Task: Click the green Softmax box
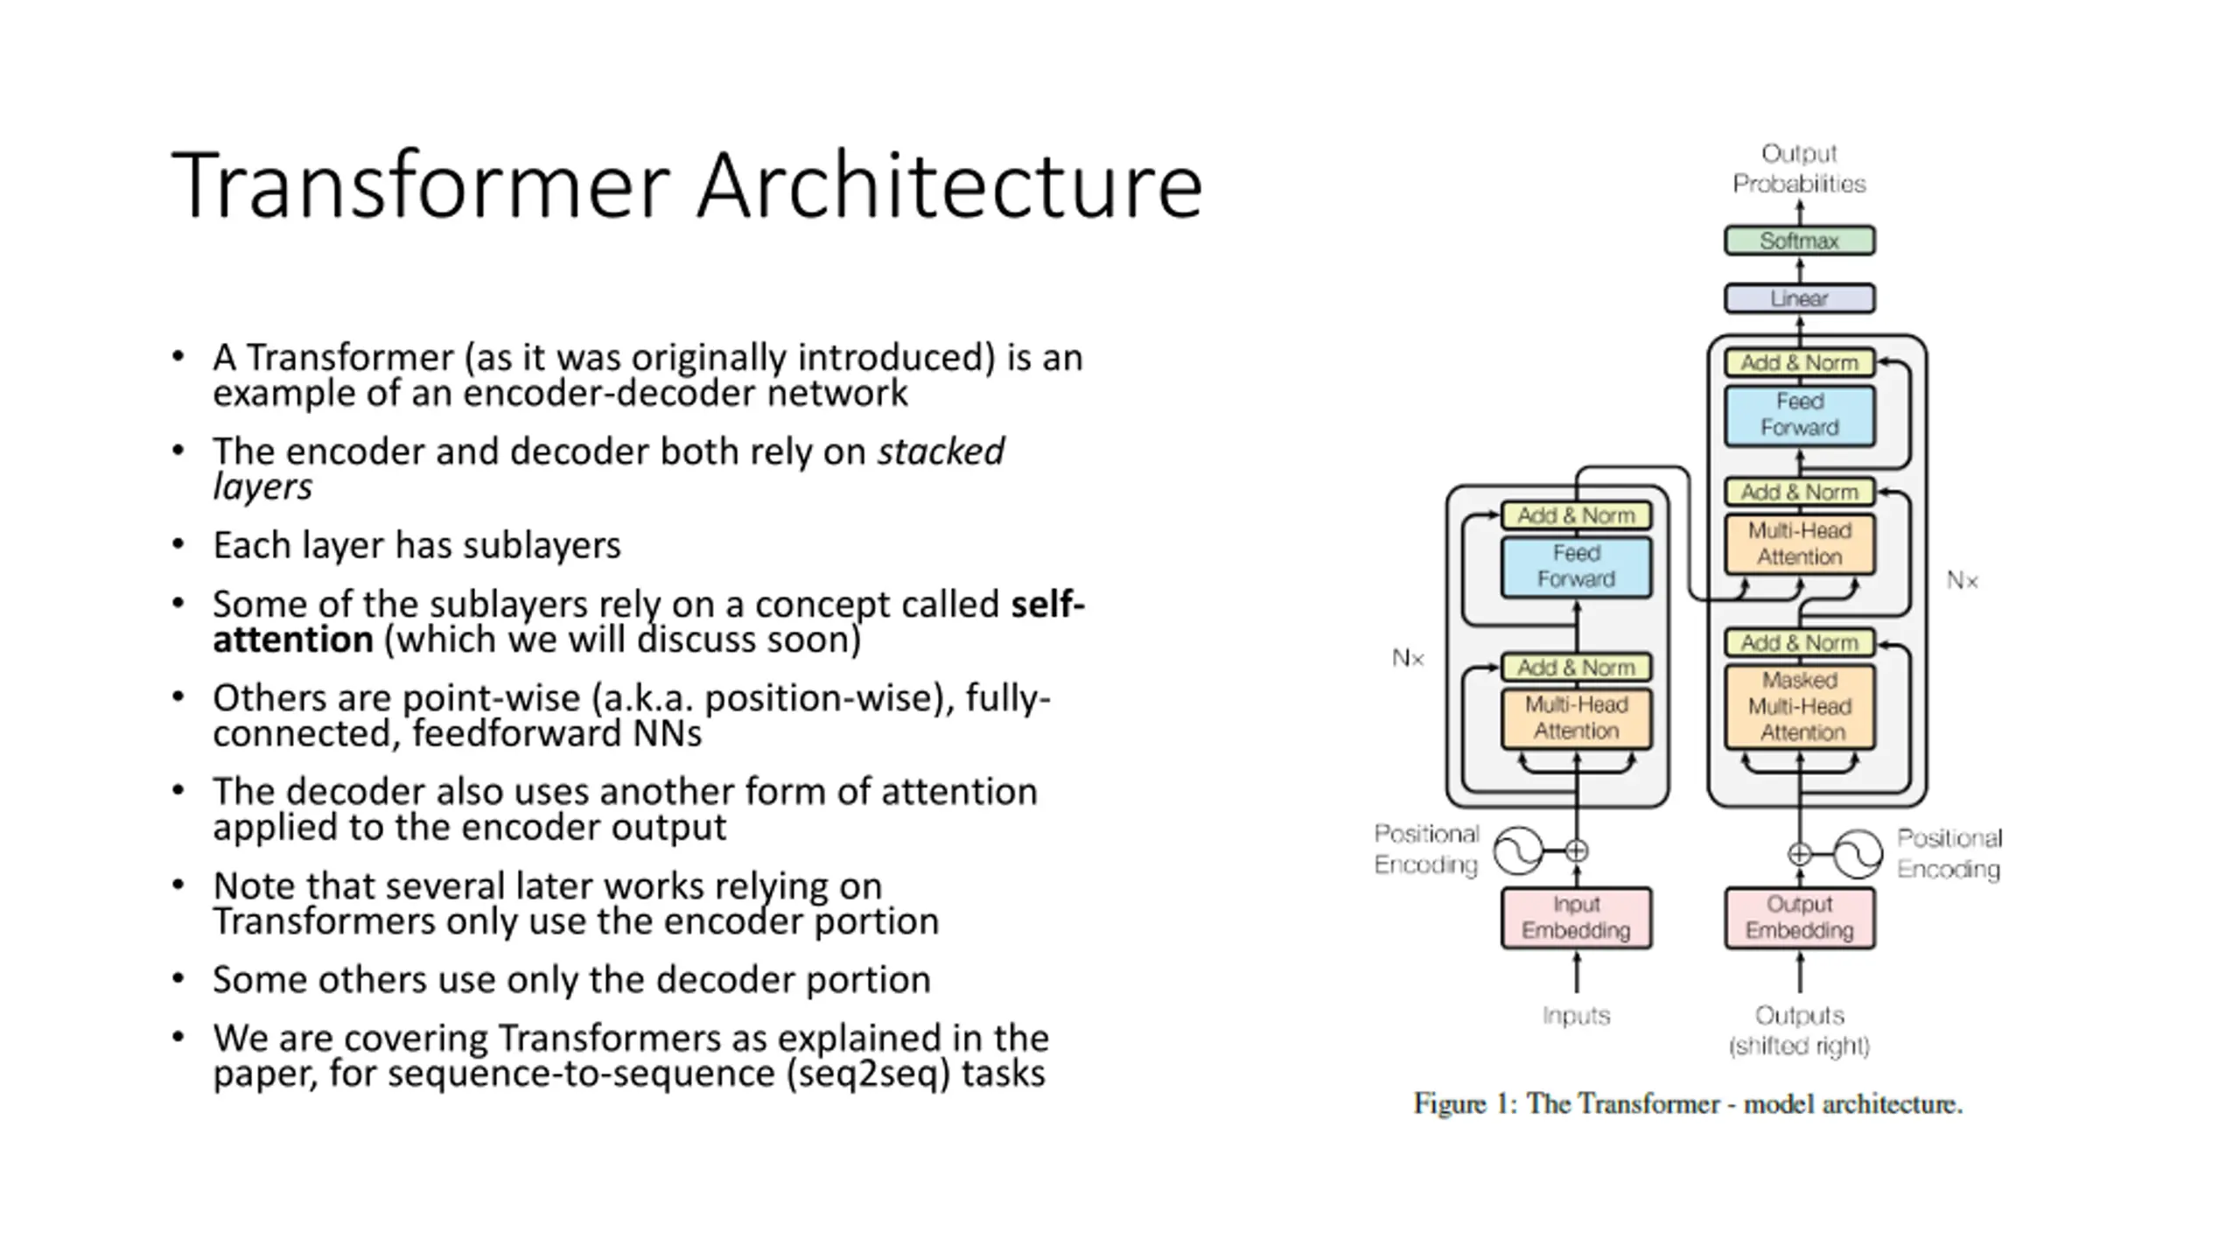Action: coord(1799,241)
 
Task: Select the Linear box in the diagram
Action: coord(1799,298)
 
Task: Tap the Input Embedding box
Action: coord(1576,918)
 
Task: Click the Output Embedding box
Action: coord(1799,918)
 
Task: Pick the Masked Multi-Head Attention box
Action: coord(1799,707)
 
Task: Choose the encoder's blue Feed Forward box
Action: coord(1576,567)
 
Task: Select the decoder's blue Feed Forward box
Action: coord(1799,416)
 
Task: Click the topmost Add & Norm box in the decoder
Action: coord(1799,362)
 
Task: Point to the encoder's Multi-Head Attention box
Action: coord(1576,718)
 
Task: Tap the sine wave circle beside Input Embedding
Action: coord(1518,850)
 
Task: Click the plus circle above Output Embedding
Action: coord(1799,854)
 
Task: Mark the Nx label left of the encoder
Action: coord(1408,658)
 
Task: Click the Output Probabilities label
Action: coord(1799,169)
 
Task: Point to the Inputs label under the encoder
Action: coord(1576,1016)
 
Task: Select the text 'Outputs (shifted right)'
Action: coord(1799,1031)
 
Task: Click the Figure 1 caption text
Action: coord(1688,1104)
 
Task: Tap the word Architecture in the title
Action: coord(950,185)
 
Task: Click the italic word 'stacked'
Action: coord(941,451)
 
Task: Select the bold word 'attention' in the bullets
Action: coord(293,640)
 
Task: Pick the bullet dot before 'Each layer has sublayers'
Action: coord(178,544)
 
